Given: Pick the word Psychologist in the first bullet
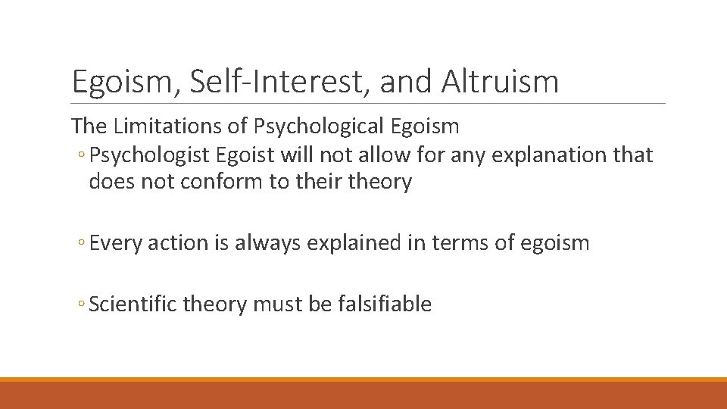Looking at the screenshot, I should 148,155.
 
